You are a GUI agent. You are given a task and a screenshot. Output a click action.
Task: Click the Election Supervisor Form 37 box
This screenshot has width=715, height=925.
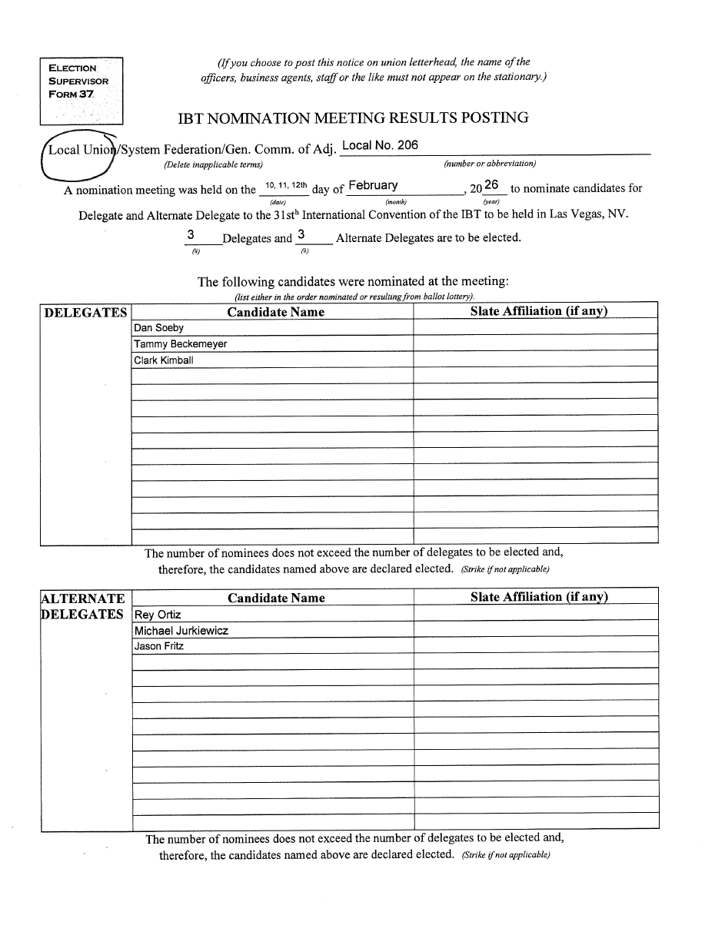(81, 91)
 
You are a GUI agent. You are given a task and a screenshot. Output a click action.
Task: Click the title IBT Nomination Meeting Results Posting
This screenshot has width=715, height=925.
(353, 118)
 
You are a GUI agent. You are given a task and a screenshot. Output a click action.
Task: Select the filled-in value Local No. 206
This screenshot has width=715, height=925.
(380, 145)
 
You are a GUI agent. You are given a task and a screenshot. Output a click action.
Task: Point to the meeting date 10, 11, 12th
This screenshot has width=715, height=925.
(285, 185)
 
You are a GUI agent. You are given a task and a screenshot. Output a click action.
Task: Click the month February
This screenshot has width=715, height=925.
(373, 185)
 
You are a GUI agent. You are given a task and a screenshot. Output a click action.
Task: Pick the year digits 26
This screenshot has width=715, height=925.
(492, 185)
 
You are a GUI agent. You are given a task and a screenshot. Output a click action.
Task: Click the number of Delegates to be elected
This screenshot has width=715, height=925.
(190, 235)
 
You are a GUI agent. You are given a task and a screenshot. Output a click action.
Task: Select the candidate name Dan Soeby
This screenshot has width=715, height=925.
(159, 328)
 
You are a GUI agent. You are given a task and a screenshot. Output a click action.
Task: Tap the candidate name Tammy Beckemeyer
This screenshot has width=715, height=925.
(181, 344)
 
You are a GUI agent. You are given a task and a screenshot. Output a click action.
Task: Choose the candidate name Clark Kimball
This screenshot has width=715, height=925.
(164, 360)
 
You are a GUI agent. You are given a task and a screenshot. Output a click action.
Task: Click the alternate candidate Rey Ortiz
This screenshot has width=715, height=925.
(158, 615)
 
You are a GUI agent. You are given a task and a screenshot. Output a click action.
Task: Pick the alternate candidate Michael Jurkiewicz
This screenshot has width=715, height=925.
(181, 631)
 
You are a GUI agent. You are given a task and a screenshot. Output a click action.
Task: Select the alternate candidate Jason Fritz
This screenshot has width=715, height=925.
(159, 646)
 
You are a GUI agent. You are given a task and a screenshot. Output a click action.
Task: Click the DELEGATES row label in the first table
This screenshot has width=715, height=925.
(85, 312)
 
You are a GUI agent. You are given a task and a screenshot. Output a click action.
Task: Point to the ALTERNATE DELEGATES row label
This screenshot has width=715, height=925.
(82, 606)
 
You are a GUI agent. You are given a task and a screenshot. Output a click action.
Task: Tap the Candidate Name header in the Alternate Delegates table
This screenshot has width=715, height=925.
(276, 598)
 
